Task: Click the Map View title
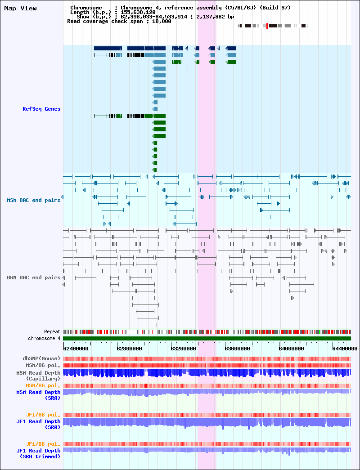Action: pos(20,9)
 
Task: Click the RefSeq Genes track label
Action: pos(41,109)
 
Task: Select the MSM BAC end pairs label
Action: pos(34,200)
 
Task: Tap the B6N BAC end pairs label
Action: pos(34,278)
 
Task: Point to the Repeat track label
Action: pos(52,331)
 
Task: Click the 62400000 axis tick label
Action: pos(76,349)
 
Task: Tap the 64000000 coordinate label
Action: pos(291,349)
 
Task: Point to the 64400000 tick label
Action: pos(345,349)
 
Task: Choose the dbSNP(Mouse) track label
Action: pos(41,358)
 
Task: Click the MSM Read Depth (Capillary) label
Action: pos(38,376)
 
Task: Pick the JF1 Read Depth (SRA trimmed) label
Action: pos(38,453)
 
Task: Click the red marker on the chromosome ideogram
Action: pos(267,26)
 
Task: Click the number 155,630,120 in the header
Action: pos(138,12)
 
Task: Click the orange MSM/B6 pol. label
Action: pos(43,385)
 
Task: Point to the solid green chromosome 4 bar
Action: pos(207,338)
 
